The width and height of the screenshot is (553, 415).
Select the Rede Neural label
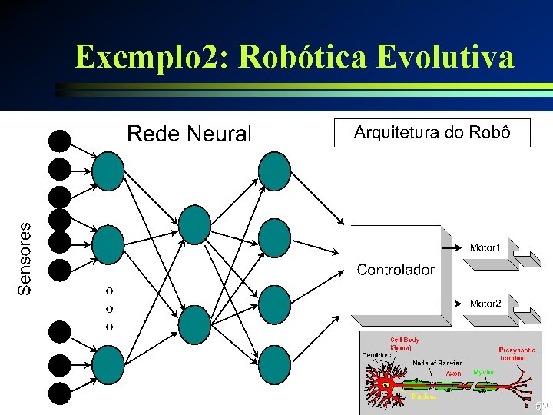188,134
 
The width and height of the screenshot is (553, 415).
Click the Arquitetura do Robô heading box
432,132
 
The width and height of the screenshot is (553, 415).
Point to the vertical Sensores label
25,258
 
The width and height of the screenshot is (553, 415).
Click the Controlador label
396,270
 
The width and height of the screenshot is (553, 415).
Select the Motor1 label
485,247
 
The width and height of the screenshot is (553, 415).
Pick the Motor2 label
485,304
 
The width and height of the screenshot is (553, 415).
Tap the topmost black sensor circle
59,141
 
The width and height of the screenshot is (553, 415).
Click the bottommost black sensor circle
59,393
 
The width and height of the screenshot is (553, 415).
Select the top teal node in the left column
108,171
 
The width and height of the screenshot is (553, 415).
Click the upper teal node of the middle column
194,224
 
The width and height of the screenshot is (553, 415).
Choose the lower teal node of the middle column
194,324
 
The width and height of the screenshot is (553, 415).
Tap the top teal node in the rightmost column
274,171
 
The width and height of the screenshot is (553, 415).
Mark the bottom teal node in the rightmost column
274,366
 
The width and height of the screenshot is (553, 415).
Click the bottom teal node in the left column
108,366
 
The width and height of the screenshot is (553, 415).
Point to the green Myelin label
483,372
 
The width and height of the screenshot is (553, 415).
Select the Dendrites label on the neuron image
377,355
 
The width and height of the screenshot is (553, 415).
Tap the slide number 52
541,406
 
